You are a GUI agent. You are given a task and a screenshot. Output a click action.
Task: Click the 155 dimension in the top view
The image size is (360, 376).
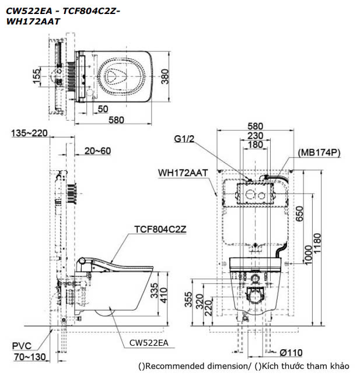(x=37, y=76)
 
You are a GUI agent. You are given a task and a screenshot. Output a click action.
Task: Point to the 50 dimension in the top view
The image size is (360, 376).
(x=103, y=108)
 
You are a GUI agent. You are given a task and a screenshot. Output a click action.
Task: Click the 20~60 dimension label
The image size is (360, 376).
(x=97, y=150)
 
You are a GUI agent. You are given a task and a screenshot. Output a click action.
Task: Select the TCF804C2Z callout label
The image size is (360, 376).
(x=160, y=229)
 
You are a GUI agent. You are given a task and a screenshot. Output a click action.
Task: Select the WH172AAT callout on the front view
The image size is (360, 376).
(x=184, y=173)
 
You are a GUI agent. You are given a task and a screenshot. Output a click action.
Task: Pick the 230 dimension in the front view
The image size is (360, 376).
(x=255, y=135)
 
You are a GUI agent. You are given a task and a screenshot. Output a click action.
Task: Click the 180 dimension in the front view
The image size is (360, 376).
(x=255, y=145)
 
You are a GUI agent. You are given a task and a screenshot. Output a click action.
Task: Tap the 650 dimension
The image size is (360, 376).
(x=299, y=213)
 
